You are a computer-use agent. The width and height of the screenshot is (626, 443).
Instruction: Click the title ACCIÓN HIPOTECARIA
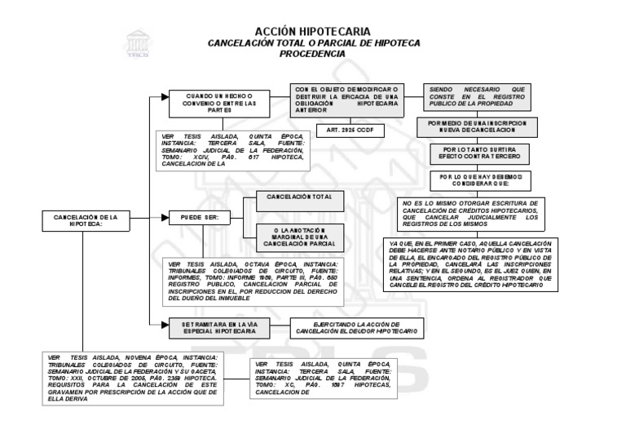coord(313,30)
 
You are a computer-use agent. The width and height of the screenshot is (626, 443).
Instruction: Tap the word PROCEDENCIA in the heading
coord(313,53)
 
